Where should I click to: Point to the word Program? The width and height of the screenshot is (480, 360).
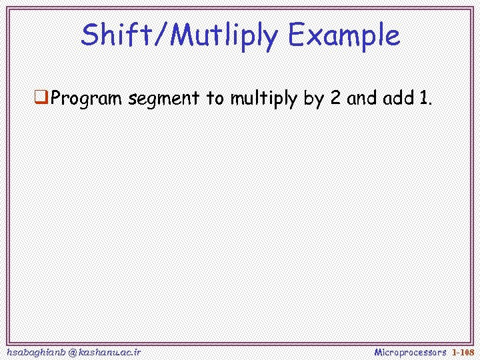(x=87, y=100)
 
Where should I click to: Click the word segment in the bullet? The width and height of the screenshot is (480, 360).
(x=165, y=100)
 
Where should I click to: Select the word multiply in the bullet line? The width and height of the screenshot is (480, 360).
(x=264, y=100)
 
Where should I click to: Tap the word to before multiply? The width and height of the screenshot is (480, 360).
(x=216, y=99)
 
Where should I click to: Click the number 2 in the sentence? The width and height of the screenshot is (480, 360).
(x=336, y=99)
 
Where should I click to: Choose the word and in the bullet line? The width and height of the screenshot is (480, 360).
(x=363, y=99)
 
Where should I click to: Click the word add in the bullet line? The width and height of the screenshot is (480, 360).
(x=399, y=99)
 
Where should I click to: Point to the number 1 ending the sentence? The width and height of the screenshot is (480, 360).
(x=424, y=99)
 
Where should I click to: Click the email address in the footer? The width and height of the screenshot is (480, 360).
(x=73, y=351)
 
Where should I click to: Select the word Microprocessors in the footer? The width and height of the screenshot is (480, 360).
(x=410, y=351)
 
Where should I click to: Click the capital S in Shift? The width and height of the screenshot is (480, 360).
(x=89, y=35)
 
